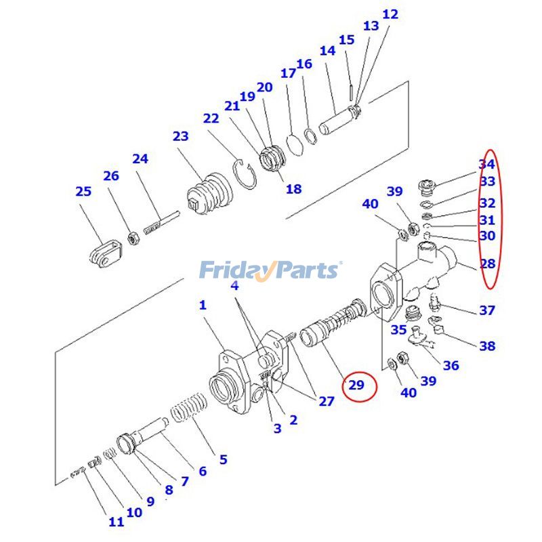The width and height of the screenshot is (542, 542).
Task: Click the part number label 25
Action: click(x=83, y=192)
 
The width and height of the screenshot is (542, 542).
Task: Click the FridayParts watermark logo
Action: click(x=270, y=270)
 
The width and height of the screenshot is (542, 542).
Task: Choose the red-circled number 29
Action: click(x=356, y=386)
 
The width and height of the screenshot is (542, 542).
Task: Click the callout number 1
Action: click(x=202, y=306)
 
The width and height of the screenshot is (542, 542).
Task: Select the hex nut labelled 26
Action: click(x=134, y=238)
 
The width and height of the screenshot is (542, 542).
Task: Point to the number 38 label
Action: click(x=486, y=346)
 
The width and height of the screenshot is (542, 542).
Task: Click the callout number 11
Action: click(x=116, y=522)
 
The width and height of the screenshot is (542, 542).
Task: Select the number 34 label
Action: click(x=486, y=164)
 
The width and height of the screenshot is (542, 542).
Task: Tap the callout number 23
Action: click(x=180, y=136)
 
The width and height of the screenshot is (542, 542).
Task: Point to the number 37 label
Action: click(x=486, y=310)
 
